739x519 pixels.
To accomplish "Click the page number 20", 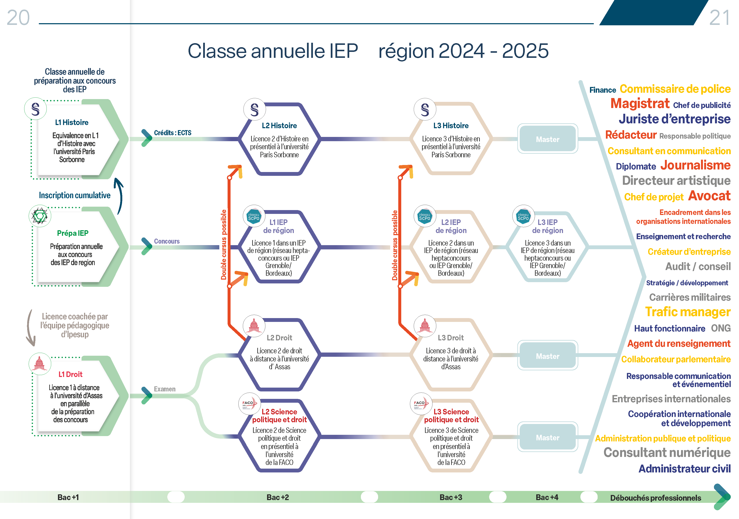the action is tap(18, 17).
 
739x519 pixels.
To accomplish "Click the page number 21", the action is tap(720, 18).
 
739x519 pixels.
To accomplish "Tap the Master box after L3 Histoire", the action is tap(548, 139).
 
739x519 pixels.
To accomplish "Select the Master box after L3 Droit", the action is tap(548, 355).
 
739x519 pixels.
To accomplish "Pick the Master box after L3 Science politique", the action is tap(548, 437).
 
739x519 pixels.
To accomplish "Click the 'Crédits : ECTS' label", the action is tap(173, 133).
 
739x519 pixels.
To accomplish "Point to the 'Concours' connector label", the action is tap(167, 241).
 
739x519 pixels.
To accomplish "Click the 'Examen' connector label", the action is tap(165, 389).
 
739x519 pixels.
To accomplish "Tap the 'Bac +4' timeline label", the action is tap(547, 497).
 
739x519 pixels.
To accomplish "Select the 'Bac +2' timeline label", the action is tap(277, 497).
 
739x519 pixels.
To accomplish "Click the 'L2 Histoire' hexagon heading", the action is tap(279, 126).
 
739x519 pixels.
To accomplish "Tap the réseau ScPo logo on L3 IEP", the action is tap(523, 216).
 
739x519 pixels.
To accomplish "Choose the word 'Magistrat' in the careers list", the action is tap(640, 104).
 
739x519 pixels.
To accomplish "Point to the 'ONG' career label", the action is tap(721, 328).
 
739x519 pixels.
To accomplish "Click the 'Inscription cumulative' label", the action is tap(75, 195).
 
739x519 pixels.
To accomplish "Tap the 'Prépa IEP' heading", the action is tap(73, 233).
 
